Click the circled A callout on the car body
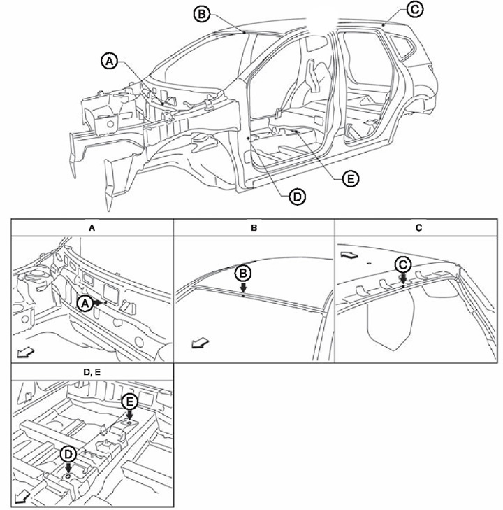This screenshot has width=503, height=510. tap(108, 61)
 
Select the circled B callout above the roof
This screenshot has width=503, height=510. tap(201, 13)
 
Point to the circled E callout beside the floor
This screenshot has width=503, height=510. tap(351, 178)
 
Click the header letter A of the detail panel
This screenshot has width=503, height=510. tap(92, 227)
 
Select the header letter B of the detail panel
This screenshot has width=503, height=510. tap(254, 227)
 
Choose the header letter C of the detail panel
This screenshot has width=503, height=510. tap(416, 227)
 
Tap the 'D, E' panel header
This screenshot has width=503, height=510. tap(92, 371)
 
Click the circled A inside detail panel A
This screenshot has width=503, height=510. tap(84, 304)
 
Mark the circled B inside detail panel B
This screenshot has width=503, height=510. tap(242, 273)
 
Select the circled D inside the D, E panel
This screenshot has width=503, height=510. tap(68, 454)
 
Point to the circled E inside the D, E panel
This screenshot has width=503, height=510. tap(129, 402)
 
